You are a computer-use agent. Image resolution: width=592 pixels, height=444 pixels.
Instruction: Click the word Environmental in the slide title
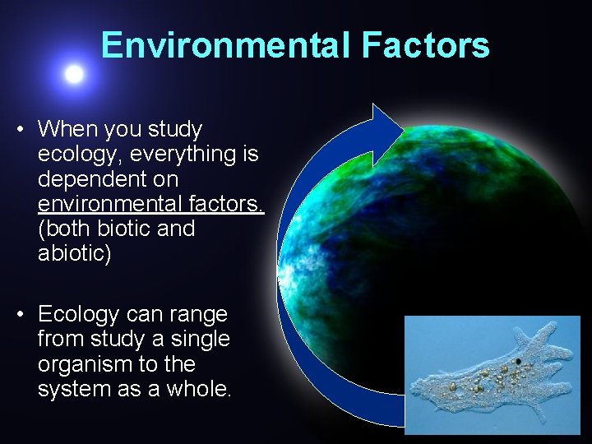[x=226, y=46]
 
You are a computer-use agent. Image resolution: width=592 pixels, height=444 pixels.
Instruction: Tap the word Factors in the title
[x=425, y=46]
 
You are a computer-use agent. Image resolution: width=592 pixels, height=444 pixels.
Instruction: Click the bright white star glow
[x=74, y=75]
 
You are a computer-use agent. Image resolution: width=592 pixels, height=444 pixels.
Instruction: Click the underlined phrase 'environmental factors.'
[x=150, y=203]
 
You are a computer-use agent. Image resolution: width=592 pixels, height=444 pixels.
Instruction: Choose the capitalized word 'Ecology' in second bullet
[x=80, y=314]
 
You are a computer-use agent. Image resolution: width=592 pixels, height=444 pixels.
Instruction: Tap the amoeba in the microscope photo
[x=493, y=377]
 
